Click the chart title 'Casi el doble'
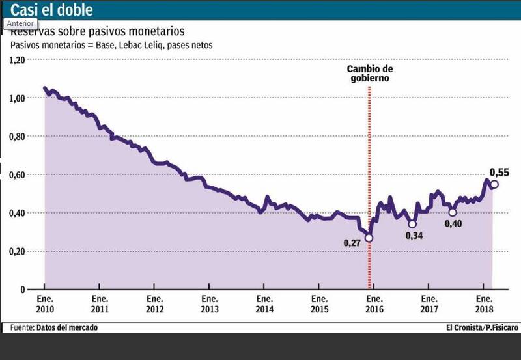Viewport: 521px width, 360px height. (x=51, y=10)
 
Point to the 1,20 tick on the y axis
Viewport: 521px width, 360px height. (x=16, y=60)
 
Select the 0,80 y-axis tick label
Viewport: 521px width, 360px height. (x=16, y=136)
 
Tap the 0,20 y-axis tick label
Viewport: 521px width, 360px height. (x=16, y=251)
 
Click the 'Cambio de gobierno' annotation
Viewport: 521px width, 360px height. (x=369, y=73)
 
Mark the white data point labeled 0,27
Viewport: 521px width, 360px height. (x=369, y=238)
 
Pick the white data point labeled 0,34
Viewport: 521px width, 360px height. (x=412, y=224)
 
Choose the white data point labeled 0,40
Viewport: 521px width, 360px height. (x=453, y=212)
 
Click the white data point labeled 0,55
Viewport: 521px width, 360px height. (x=494, y=184)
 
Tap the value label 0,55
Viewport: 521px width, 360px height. (x=499, y=173)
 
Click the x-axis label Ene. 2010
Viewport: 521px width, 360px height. (x=45, y=304)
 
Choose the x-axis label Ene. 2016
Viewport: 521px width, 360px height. (x=373, y=304)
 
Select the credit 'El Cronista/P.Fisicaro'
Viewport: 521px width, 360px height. (x=482, y=327)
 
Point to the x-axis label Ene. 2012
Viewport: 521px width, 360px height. (x=154, y=304)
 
